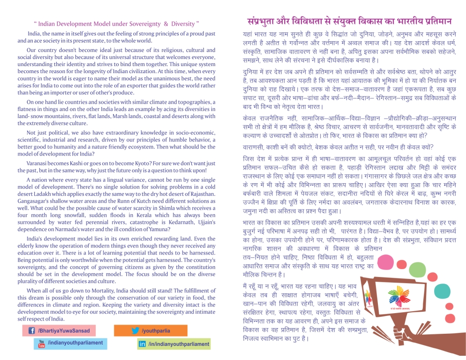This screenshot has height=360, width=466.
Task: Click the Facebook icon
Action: pyautogui.click(x=32, y=330)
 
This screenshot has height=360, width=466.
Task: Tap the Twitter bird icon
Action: pyautogui.click(x=135, y=330)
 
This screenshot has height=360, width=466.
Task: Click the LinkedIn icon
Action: pyautogui.click(x=142, y=344)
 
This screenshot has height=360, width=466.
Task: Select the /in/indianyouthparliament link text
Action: pyautogui.click(x=179, y=344)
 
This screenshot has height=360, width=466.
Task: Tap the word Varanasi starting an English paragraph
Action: pyautogui.click(x=39, y=162)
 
